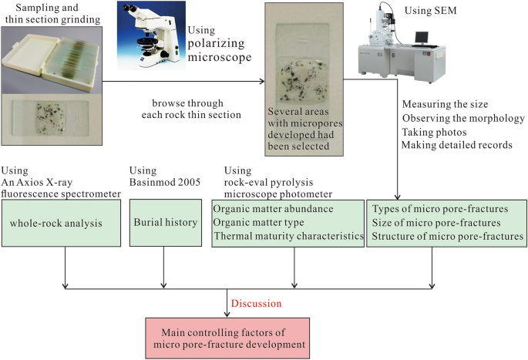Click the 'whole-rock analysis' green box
[x=61, y=224]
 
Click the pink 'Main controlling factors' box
[x=227, y=338]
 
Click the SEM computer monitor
[x=422, y=37]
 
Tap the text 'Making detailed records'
[x=458, y=145]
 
